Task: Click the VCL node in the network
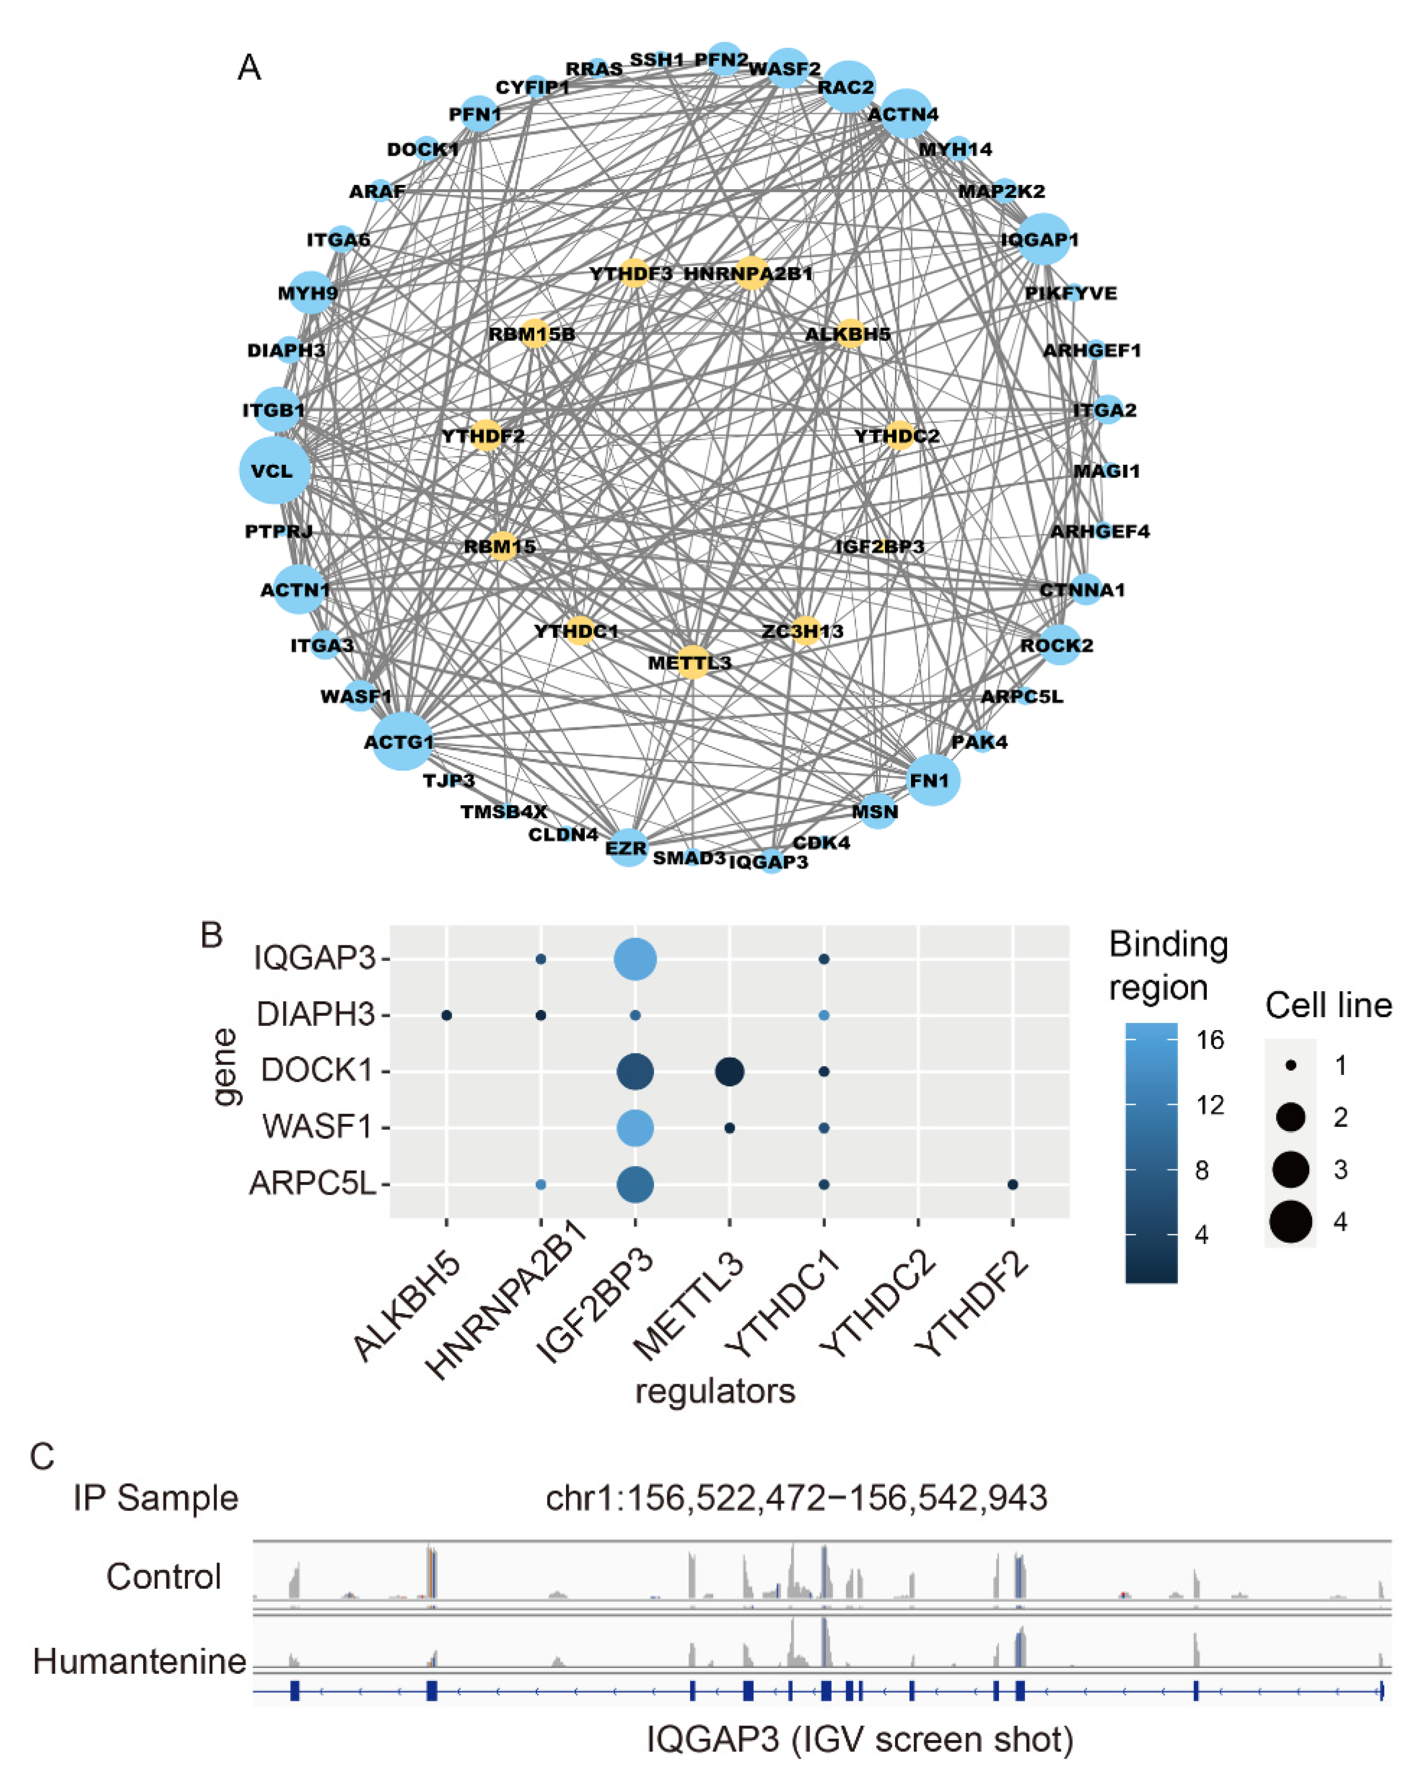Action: pyautogui.click(x=275, y=470)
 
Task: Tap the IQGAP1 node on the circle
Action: pyautogui.click(x=1043, y=239)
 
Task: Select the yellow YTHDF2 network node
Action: pyautogui.click(x=486, y=435)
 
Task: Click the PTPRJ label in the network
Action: pyautogui.click(x=279, y=531)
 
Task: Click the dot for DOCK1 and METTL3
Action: pyautogui.click(x=729, y=1071)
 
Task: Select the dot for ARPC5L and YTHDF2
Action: pyautogui.click(x=1012, y=1184)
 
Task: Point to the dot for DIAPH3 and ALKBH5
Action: pyautogui.click(x=447, y=1015)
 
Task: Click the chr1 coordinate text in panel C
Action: pyautogui.click(x=796, y=1498)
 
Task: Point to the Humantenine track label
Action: pyautogui.click(x=139, y=1661)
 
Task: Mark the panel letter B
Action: pyautogui.click(x=212, y=934)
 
